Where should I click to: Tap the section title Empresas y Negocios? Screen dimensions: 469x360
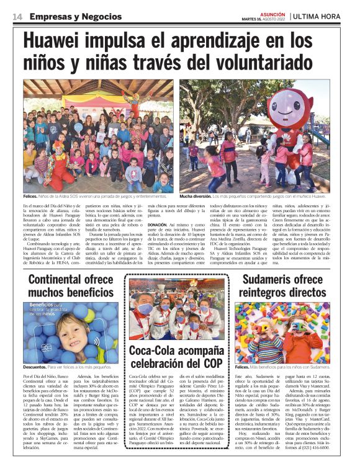point(68,16)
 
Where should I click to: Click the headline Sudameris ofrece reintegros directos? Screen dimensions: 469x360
point(283,285)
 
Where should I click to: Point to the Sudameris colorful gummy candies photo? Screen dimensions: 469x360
point(282,332)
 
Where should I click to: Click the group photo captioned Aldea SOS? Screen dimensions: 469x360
point(98,136)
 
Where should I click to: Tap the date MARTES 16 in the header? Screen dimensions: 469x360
point(252,19)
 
